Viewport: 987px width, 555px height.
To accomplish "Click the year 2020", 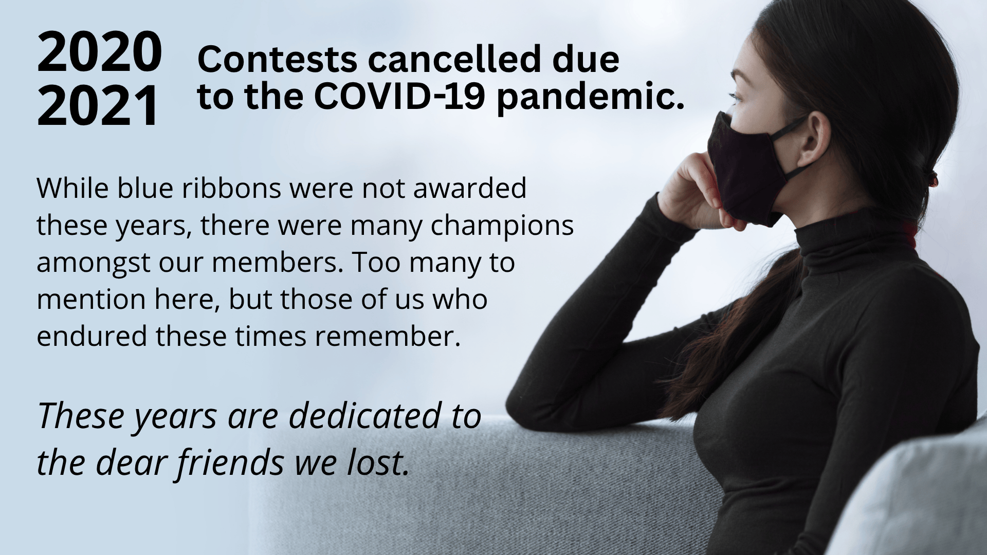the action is (x=99, y=52).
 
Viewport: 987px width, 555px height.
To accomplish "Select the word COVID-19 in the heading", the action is (x=399, y=96).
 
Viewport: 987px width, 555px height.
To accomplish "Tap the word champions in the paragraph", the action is (x=502, y=227).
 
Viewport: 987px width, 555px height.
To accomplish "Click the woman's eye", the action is (x=737, y=98).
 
